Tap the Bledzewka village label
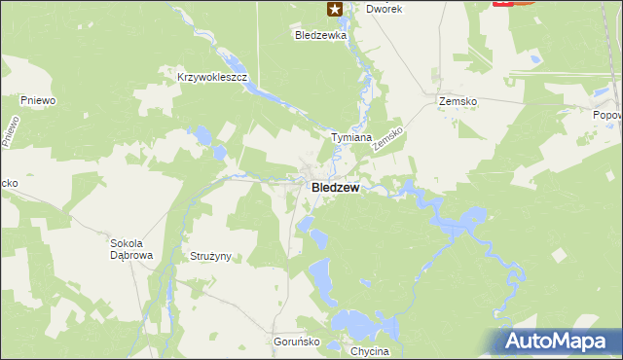[x=321, y=34]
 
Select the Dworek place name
[x=384, y=8]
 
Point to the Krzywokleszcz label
[x=214, y=76]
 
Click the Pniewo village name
[x=37, y=99]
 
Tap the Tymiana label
[x=351, y=137]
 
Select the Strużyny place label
[x=207, y=256]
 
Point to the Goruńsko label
[x=292, y=342]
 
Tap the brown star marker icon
[x=334, y=10]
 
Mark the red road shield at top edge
[x=503, y=3]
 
